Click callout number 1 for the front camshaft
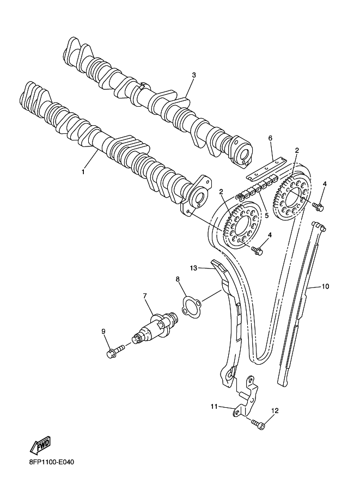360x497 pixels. tap(83, 171)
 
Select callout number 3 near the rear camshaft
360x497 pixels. tap(194, 75)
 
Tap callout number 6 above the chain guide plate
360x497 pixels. tap(270, 138)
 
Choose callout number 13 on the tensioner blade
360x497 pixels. tap(193, 268)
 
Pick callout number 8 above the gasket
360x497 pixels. tap(178, 280)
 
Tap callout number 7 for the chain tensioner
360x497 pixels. tap(145, 296)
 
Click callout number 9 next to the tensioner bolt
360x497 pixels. tap(103, 331)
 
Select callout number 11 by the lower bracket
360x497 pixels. tap(215, 406)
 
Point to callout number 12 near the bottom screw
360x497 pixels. tap(274, 410)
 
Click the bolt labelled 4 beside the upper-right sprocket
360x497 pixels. tap(319, 206)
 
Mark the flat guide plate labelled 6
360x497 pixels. tap(267, 169)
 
